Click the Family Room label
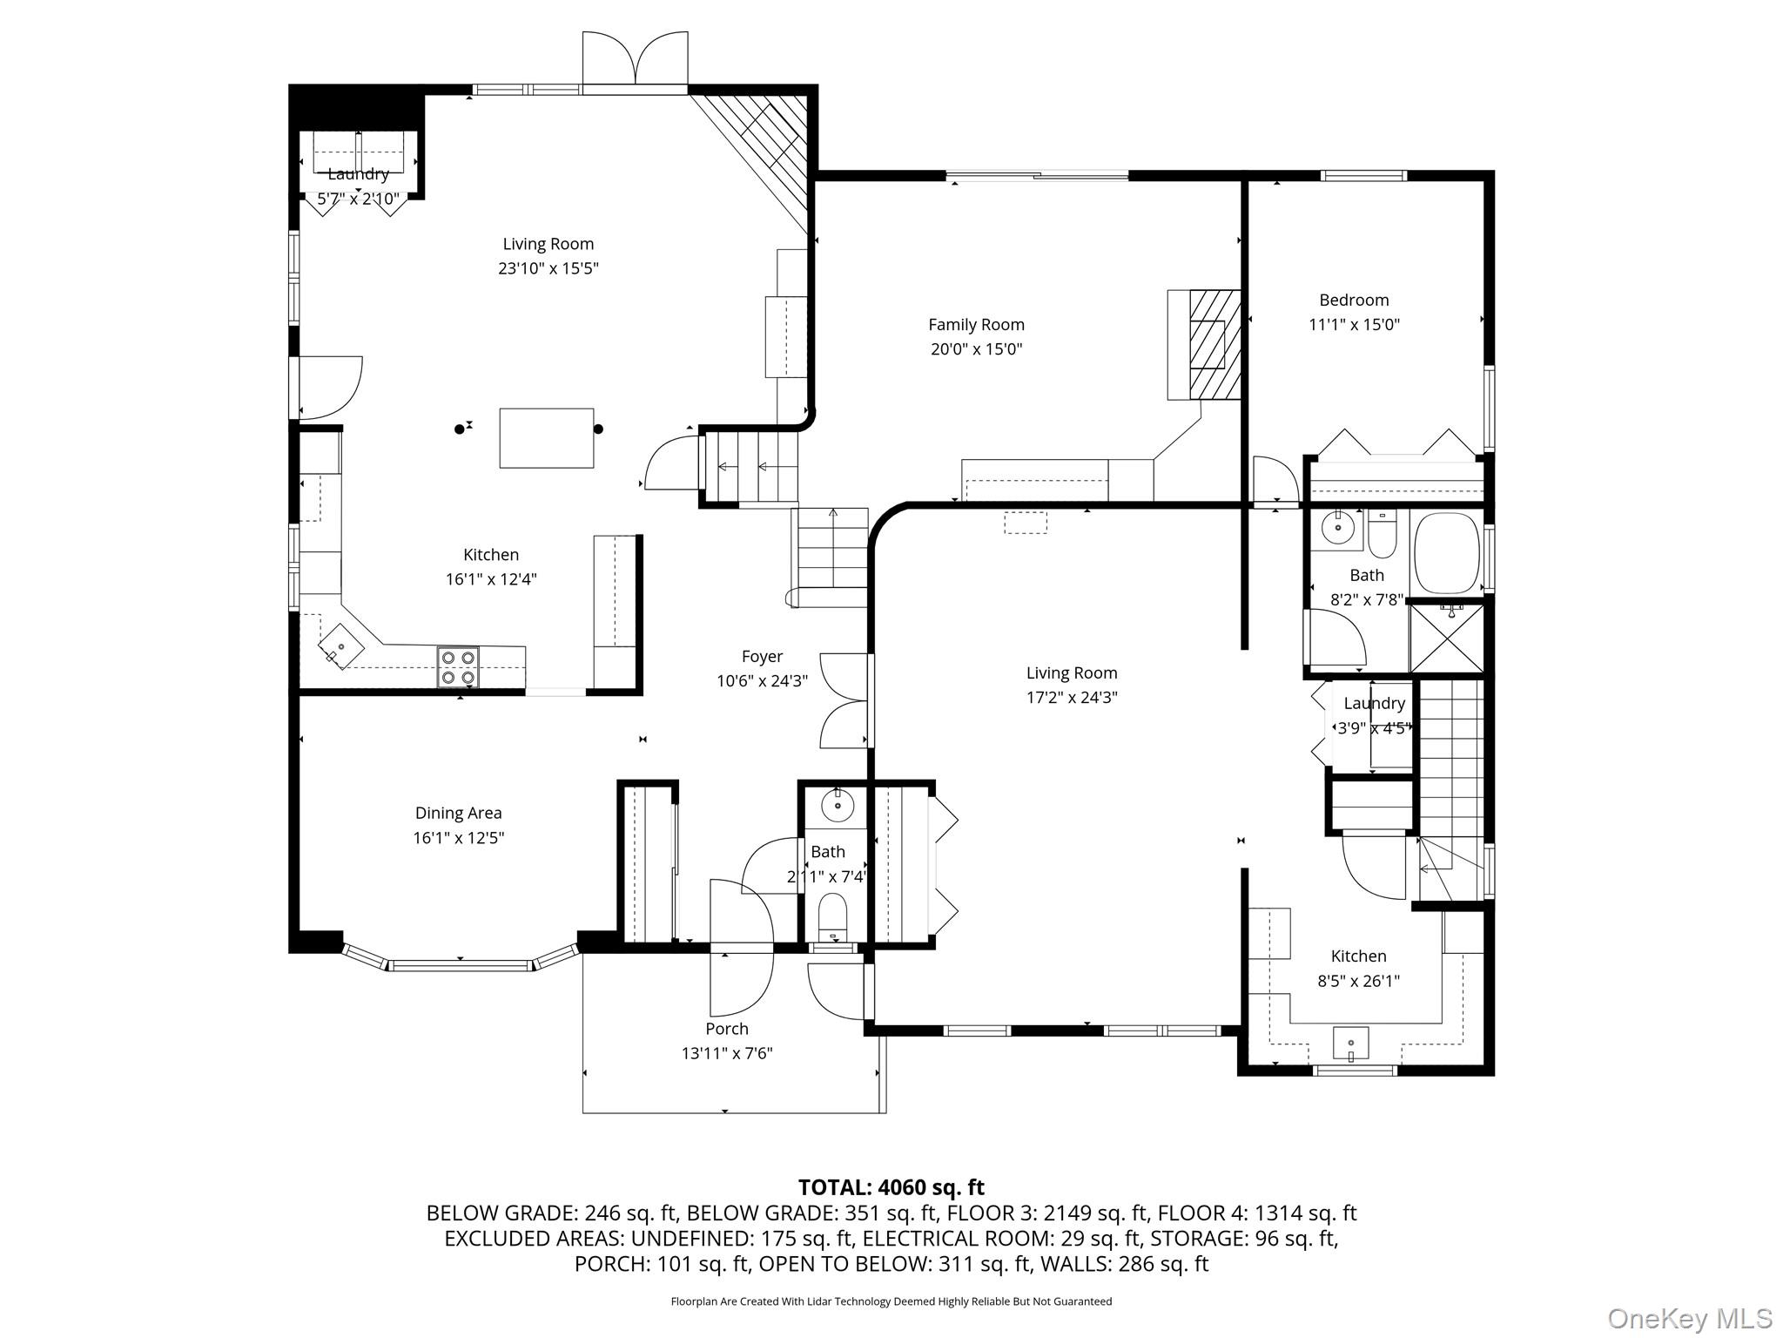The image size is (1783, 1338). pos(976,325)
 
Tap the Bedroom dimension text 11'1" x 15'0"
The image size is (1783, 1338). pos(1354,325)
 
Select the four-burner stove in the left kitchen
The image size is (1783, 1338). pos(458,667)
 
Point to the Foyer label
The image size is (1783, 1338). pos(762,657)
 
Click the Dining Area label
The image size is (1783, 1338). pos(458,813)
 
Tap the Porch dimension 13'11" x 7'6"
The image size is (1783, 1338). pos(727,1053)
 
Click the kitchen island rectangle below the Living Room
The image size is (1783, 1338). pos(547,438)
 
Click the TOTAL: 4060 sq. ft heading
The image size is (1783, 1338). pos(891,1187)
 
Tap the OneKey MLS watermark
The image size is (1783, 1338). pos(1690,1318)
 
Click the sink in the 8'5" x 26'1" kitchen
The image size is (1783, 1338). pos(1350,1043)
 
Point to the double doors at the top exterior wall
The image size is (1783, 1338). pos(635,59)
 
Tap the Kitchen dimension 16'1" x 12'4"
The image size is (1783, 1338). pos(491,579)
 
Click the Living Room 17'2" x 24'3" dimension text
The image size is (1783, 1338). pos(1072,697)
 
